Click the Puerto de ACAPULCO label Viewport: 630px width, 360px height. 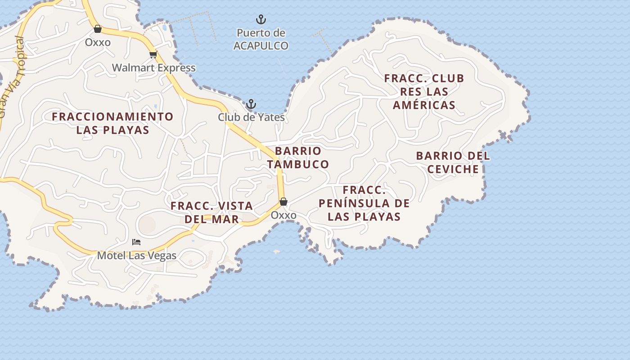pos(261,39)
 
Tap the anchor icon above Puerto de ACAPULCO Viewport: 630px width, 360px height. pos(261,19)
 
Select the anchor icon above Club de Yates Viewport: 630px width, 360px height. pos(251,104)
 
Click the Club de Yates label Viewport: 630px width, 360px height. pos(251,117)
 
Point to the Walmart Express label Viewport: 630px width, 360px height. pos(153,68)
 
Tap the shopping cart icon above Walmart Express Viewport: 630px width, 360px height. pos(153,55)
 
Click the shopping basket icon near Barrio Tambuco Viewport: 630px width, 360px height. pos(283,202)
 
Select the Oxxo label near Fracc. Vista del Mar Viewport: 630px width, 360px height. pos(283,215)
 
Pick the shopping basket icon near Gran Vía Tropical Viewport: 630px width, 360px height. pos(98,29)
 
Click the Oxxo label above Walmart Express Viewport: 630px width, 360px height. pos(98,42)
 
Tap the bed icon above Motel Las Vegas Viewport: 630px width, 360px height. pos(136,242)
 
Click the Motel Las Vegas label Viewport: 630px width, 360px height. pos(137,256)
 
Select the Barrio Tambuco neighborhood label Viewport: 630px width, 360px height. pos(298,157)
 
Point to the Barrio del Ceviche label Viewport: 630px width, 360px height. pos(453,162)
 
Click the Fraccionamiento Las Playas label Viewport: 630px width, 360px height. pos(112,123)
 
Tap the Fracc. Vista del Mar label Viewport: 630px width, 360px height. pos(211,212)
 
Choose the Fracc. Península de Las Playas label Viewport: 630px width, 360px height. pos(364,203)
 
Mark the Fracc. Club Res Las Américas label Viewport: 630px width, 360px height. pos(424,92)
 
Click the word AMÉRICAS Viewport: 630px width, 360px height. pos(424,105)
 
